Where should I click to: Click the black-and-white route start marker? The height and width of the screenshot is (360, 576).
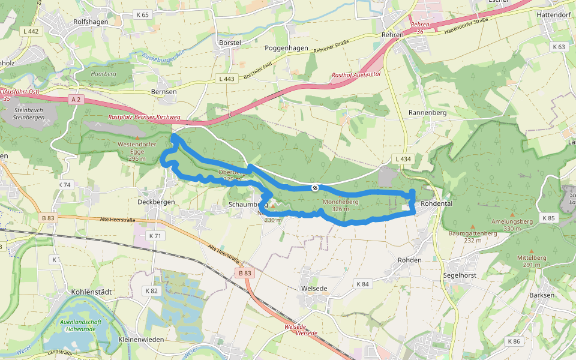pyautogui.click(x=315, y=188)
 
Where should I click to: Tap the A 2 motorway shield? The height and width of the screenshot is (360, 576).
pyautogui.click(x=75, y=99)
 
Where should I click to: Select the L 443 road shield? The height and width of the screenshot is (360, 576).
pyautogui.click(x=228, y=79)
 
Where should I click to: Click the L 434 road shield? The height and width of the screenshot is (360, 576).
pyautogui.click(x=403, y=158)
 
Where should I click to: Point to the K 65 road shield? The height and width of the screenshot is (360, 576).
pyautogui.click(x=143, y=14)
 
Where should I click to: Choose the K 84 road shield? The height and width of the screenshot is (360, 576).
pyautogui.click(x=362, y=284)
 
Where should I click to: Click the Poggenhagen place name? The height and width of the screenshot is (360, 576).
pyautogui.click(x=286, y=47)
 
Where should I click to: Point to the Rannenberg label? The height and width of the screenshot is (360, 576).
pyautogui.click(x=425, y=113)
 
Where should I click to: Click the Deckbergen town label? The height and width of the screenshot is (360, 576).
pyautogui.click(x=156, y=202)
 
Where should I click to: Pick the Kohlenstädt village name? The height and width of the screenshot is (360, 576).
pyautogui.click(x=92, y=292)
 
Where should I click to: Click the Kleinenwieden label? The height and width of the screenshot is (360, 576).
pyautogui.click(x=142, y=340)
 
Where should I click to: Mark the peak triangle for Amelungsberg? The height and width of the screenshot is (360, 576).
pyautogui.click(x=512, y=214)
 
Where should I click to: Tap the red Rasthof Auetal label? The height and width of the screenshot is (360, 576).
pyautogui.click(x=356, y=75)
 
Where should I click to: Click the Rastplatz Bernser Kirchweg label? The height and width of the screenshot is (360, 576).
pyautogui.click(x=144, y=117)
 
